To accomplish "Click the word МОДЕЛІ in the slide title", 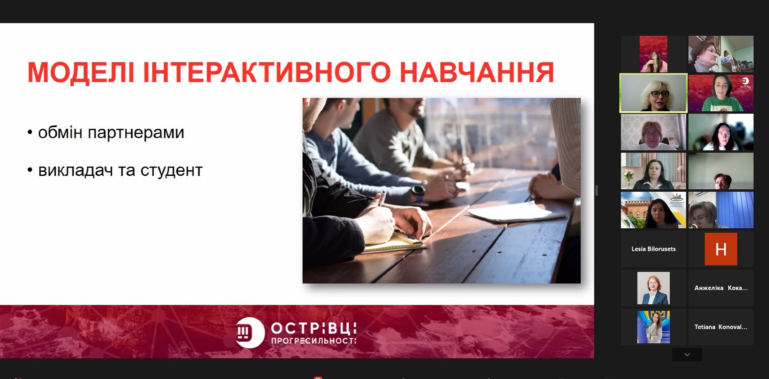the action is coord(81,73).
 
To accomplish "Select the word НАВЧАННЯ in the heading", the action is coord(477,72).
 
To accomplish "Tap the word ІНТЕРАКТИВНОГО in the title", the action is coord(267,72).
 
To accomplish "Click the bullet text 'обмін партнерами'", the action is coord(111,133).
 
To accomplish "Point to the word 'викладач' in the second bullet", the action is coord(75,171).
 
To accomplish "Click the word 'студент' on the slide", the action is coord(171,171).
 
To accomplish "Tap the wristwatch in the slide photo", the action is coord(418,191).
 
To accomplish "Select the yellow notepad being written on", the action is coord(393,242).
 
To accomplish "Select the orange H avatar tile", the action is coord(721,249).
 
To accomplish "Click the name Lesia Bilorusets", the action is coord(653,249).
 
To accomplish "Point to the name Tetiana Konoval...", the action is coord(721,327).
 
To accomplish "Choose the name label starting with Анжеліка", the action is coord(721,288).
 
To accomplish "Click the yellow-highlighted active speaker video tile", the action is coord(653,93).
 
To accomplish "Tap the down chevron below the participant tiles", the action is coord(687,355).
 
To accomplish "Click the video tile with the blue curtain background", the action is coord(721,210).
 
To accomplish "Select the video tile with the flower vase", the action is coord(653,171).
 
